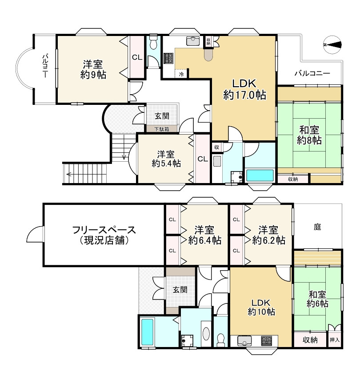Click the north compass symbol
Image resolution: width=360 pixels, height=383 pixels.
(x=332, y=45)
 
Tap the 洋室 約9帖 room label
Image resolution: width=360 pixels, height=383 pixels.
(x=93, y=70)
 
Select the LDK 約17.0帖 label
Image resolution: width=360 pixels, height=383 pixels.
(x=244, y=89)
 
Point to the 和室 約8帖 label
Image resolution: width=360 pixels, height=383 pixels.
(x=309, y=135)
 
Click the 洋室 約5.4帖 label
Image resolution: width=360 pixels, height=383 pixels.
(x=166, y=159)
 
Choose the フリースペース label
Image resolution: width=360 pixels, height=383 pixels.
(x=104, y=230)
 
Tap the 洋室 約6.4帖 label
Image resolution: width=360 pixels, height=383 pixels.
(x=205, y=235)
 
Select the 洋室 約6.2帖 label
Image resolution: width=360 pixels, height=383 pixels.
(x=268, y=235)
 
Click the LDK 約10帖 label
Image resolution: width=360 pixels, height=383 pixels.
(x=261, y=307)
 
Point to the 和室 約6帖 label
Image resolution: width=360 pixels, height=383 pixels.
(x=317, y=299)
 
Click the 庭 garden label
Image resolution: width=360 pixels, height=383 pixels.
(x=317, y=227)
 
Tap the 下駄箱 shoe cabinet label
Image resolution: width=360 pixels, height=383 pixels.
(x=162, y=129)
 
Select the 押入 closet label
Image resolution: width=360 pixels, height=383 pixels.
(x=335, y=340)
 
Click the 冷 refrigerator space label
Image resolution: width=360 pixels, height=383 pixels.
(x=181, y=74)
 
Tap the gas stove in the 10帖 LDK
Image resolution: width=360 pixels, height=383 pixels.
(x=266, y=340)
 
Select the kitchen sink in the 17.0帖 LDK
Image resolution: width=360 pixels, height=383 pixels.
(x=193, y=41)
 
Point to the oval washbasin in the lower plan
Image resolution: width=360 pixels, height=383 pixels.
(x=206, y=334)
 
